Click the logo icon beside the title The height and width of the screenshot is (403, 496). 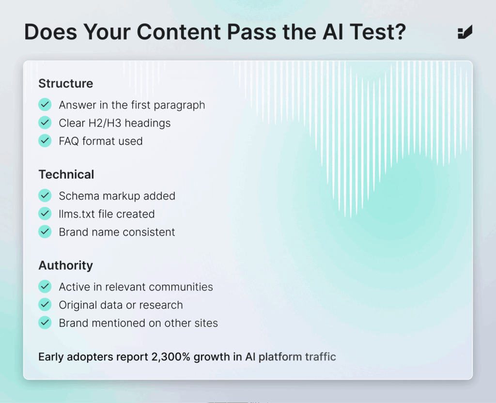click(x=465, y=32)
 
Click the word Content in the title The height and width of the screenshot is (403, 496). click(x=179, y=32)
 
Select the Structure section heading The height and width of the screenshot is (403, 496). click(x=66, y=83)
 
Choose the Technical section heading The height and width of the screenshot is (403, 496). click(x=66, y=174)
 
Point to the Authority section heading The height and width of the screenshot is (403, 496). click(x=66, y=265)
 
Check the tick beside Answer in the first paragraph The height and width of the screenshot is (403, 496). click(x=45, y=105)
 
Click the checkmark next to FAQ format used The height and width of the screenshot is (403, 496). click(x=45, y=141)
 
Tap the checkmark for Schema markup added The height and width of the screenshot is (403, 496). click(x=45, y=196)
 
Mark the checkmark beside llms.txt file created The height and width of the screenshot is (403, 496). click(x=45, y=214)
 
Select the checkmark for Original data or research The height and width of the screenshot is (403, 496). click(x=45, y=305)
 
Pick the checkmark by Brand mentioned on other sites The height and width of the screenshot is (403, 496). click(x=45, y=323)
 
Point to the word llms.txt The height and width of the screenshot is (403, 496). click(x=77, y=214)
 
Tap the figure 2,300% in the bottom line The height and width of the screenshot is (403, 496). click(x=171, y=357)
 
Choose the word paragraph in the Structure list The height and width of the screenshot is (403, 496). click(x=179, y=105)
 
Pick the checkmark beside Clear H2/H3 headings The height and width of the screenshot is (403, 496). click(x=45, y=123)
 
